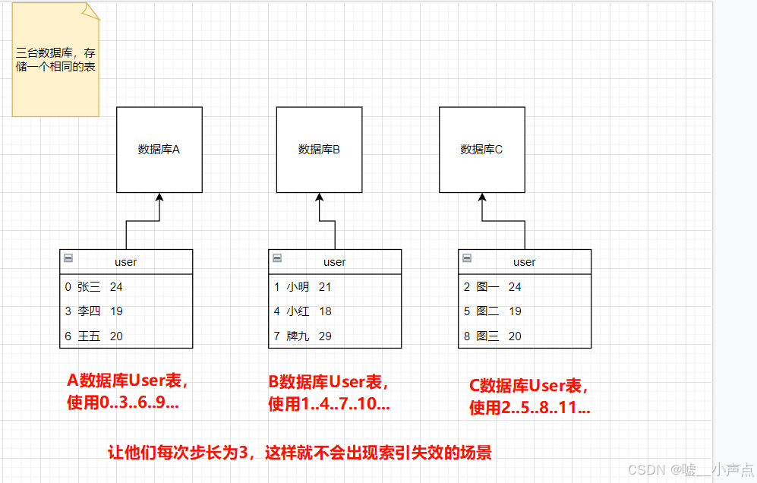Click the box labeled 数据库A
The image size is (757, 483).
(x=159, y=150)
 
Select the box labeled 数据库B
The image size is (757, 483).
(x=319, y=150)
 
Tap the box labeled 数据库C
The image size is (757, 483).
(x=481, y=150)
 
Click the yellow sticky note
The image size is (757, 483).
(x=55, y=61)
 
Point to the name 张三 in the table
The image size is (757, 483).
(x=89, y=287)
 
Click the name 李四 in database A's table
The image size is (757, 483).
(x=89, y=311)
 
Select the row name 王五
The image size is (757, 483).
(x=89, y=336)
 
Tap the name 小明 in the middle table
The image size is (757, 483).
(x=298, y=287)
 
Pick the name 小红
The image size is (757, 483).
(x=298, y=311)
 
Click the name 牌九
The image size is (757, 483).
(x=298, y=336)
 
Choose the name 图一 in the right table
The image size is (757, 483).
(x=487, y=287)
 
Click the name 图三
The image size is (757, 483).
(x=487, y=336)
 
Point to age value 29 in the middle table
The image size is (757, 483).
(x=325, y=336)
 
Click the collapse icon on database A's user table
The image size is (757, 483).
(x=68, y=258)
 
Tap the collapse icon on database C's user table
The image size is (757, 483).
(x=466, y=258)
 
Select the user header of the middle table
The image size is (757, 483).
(x=335, y=262)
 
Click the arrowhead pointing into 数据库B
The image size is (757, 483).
(x=319, y=197)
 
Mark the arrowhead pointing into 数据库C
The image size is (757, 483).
(x=481, y=197)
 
